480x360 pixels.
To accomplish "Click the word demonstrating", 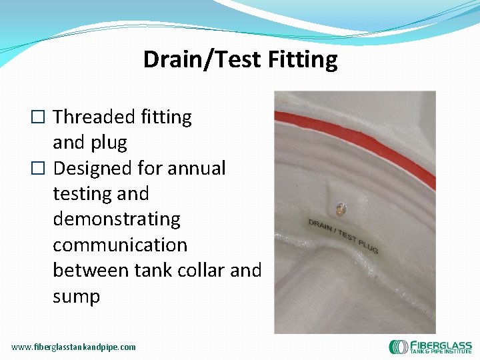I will pos(117,219).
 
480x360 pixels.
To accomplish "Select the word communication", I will pos(120,245).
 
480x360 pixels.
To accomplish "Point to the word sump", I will pos(76,296).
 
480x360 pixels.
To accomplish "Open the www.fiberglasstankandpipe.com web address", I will pos(73,347).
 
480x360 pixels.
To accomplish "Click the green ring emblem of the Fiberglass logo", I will pos(399,347).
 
